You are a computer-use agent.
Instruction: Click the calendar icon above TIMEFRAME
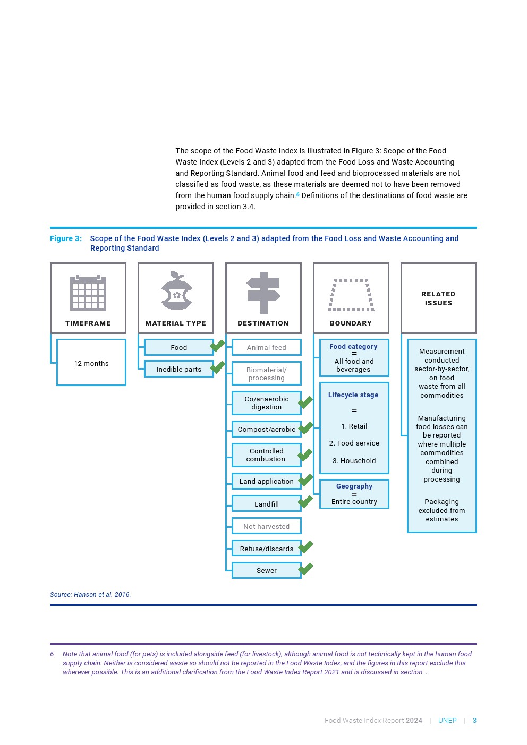88,293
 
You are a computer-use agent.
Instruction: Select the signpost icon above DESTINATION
263,293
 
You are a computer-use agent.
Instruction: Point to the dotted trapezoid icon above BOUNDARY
351,295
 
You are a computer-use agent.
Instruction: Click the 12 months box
91,363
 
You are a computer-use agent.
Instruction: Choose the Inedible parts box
179,369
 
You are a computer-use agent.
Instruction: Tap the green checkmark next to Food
217,346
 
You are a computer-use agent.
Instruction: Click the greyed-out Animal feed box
267,347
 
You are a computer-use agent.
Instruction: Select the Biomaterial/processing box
267,373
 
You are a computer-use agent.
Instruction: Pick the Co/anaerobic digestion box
267,403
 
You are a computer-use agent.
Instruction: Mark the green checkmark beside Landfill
305,502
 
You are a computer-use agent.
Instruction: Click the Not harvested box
267,526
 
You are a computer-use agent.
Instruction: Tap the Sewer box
267,570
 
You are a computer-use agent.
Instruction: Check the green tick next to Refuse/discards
305,546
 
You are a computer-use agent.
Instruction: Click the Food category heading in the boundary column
353,346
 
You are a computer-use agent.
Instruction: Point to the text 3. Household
354,460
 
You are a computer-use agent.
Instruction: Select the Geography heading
354,486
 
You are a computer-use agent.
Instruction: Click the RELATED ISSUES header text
438,298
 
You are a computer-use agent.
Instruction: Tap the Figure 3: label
66,238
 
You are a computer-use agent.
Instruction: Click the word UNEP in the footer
447,721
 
